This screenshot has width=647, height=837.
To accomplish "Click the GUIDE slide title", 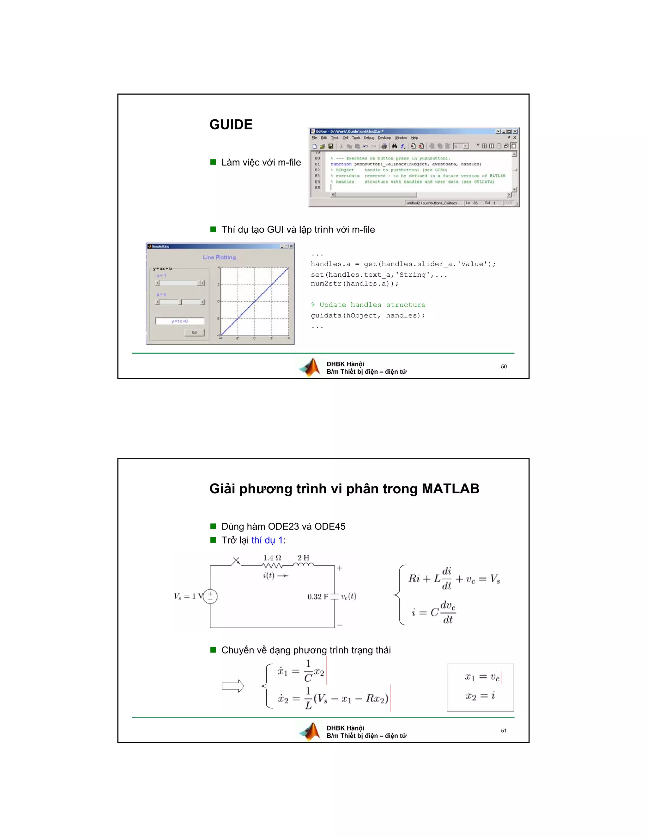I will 231,124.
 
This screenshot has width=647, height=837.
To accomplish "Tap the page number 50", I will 504,367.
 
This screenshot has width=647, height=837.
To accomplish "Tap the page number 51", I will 504,731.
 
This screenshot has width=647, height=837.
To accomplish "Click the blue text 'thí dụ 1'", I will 267,540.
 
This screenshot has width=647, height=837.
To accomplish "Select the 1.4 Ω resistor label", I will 272,558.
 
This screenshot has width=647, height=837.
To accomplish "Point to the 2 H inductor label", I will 303,558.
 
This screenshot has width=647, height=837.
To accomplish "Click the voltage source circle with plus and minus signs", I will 210,596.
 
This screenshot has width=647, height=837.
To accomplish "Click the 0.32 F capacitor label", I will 317,597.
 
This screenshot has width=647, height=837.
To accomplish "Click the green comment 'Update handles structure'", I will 368,305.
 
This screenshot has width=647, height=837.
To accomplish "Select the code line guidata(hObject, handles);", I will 368,316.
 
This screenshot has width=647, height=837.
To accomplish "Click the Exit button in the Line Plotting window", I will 194,332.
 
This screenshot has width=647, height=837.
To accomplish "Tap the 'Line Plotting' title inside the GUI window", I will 219,257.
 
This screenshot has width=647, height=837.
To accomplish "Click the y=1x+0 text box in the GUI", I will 179,321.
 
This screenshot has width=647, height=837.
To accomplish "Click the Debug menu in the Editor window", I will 369,138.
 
